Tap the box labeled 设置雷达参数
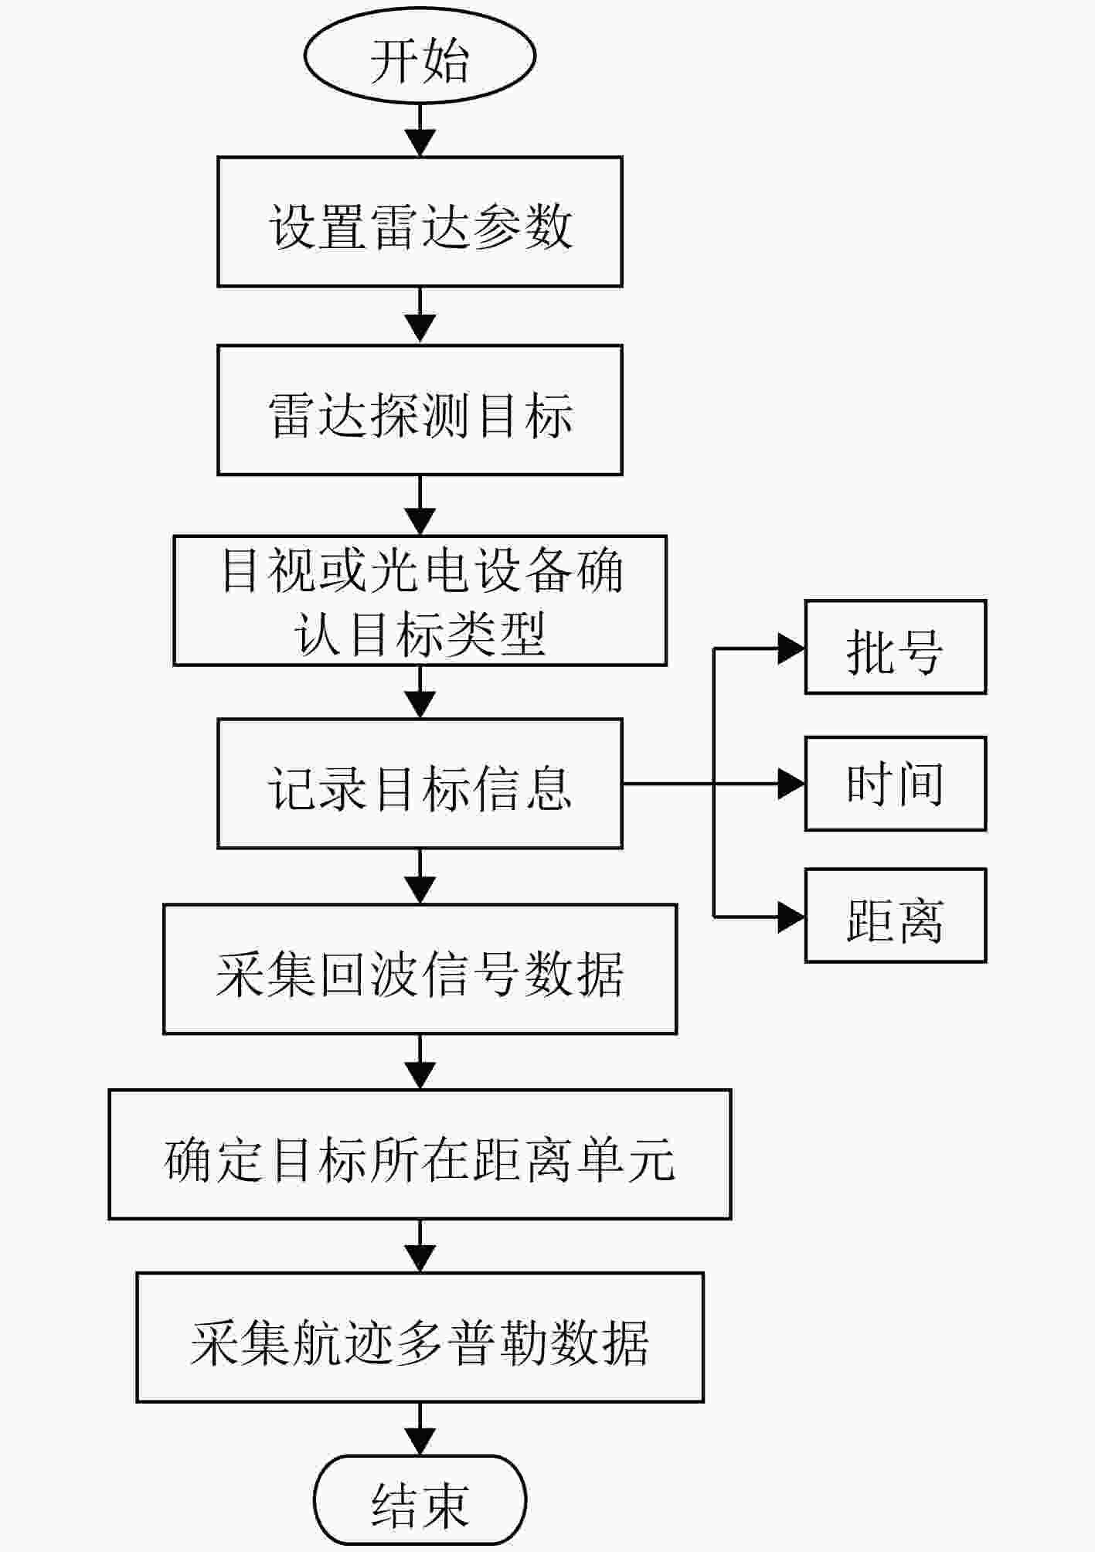(420, 222)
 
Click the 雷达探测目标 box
(420, 410)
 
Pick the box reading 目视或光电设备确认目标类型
(420, 601)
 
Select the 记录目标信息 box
(420, 784)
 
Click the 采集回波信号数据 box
(420, 969)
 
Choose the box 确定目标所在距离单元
(420, 1155)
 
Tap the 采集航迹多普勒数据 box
(420, 1338)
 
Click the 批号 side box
(896, 648)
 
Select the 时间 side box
(896, 784)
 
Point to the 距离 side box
(896, 916)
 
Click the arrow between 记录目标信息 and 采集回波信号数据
(420, 876)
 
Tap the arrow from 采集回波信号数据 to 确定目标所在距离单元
(420, 1062)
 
